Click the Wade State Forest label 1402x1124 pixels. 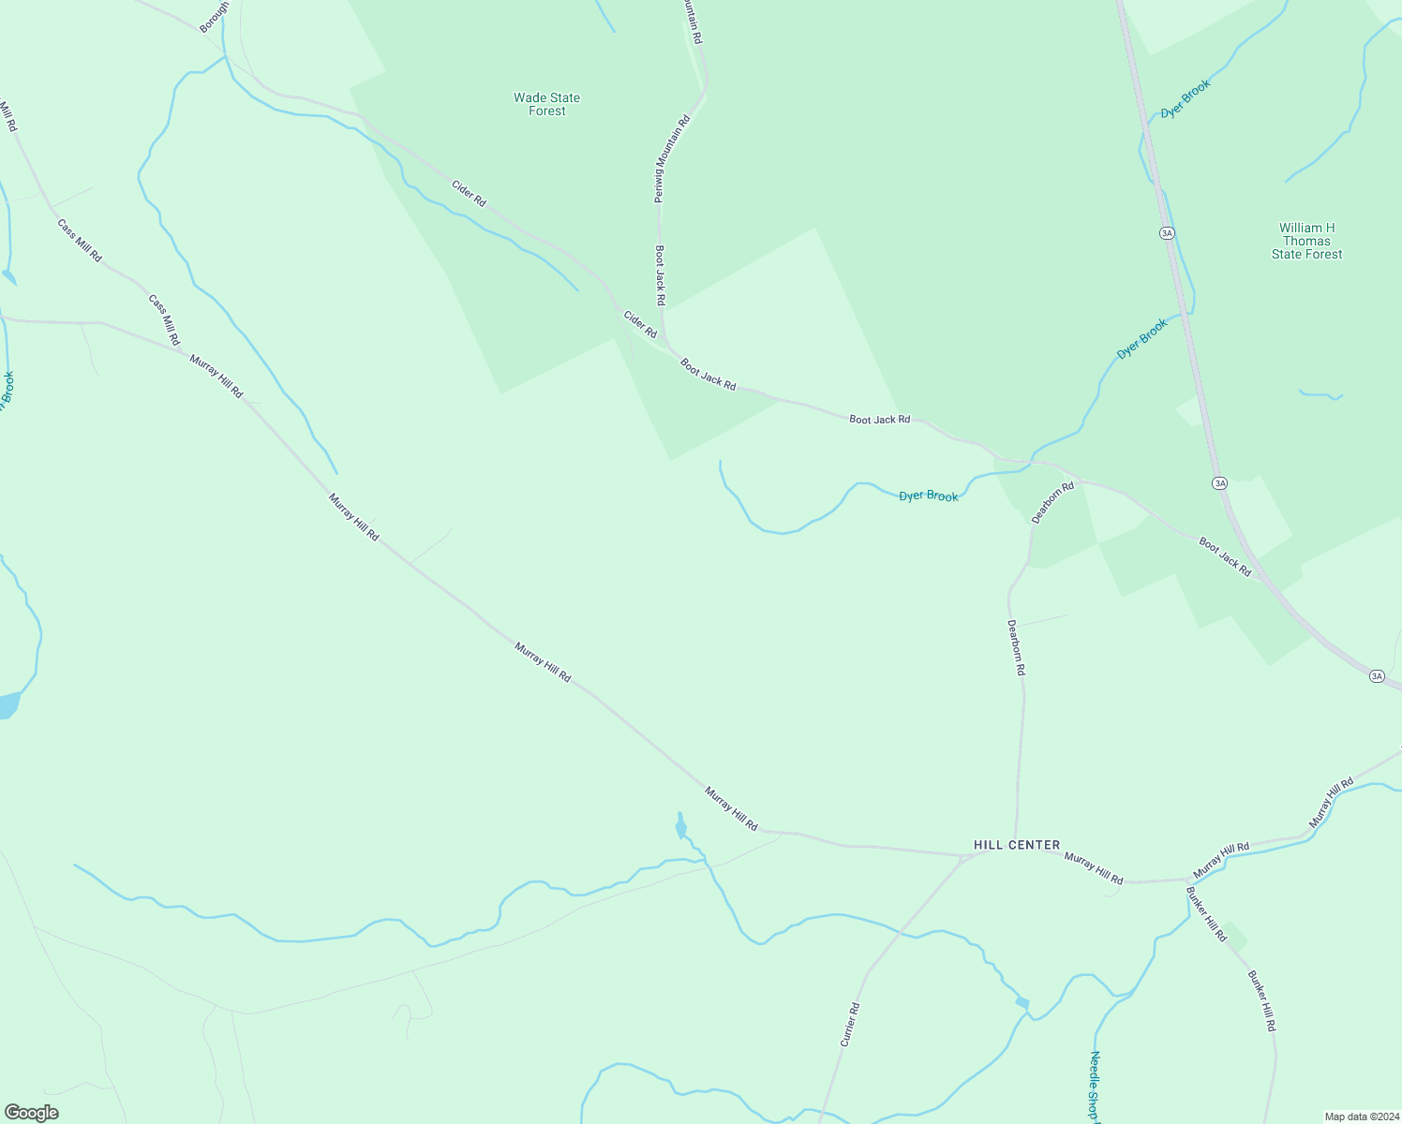click(x=546, y=104)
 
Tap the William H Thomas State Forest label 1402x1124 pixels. click(x=1306, y=241)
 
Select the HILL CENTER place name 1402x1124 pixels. click(x=1017, y=845)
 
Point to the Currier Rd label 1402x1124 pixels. click(x=850, y=1024)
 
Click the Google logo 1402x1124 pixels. click(x=31, y=1113)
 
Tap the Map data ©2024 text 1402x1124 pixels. click(x=1361, y=1117)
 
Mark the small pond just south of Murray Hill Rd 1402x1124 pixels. click(x=680, y=826)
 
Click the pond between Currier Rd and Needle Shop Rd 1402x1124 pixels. click(x=1022, y=1003)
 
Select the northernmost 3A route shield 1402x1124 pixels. click(x=1167, y=232)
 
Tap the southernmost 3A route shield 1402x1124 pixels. click(x=1376, y=675)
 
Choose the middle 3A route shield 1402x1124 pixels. click(x=1218, y=483)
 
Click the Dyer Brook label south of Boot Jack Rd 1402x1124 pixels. click(x=929, y=495)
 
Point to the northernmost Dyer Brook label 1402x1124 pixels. click(x=1186, y=98)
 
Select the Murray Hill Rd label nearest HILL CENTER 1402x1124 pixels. click(x=1094, y=868)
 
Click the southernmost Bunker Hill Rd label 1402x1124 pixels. click(x=1261, y=1000)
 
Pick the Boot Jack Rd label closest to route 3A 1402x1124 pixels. click(x=1224, y=556)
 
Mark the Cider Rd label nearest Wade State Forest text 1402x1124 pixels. click(x=469, y=194)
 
